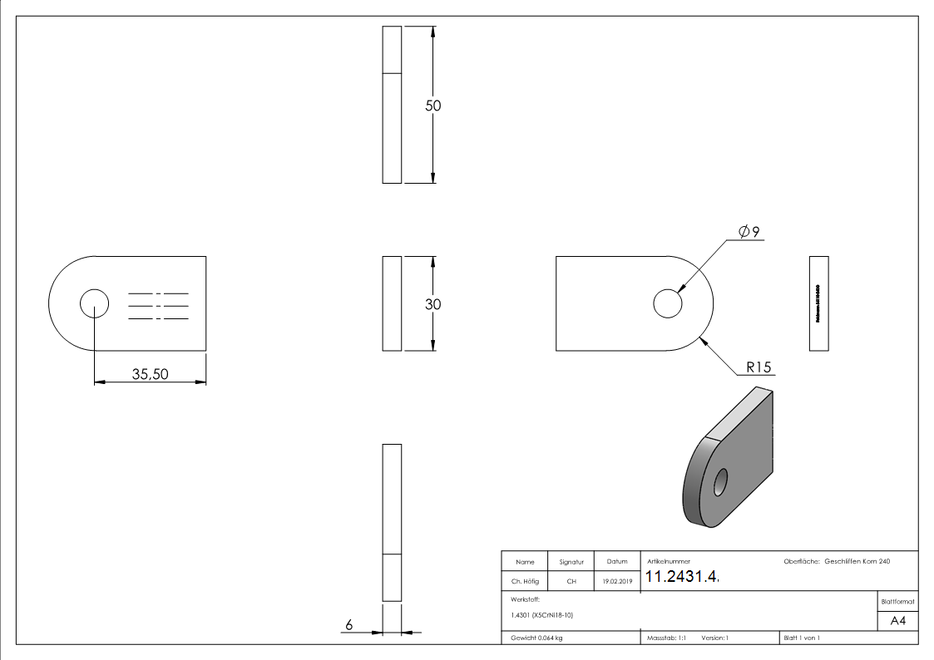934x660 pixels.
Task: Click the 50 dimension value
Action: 432,106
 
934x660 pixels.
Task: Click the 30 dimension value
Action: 432,304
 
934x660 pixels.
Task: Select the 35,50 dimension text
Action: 151,374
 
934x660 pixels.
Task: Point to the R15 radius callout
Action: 759,367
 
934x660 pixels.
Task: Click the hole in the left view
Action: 94,304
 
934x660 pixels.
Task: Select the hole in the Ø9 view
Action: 667,304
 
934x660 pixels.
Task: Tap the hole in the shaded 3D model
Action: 719,482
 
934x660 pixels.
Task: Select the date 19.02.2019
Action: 616,582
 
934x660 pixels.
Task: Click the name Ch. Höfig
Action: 525,582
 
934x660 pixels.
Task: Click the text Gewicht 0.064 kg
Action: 536,638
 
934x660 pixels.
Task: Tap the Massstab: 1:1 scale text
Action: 666,638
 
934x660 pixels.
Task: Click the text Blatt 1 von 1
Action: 802,638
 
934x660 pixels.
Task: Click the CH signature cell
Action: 571,582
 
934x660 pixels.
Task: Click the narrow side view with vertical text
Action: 818,304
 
